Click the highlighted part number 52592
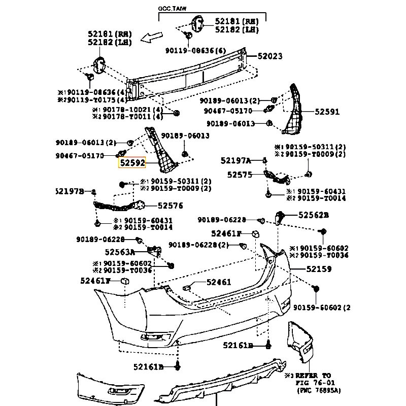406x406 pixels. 132,163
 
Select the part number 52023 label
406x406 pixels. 269,56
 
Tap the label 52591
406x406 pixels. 327,112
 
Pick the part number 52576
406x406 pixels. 171,206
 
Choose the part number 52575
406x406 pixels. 240,174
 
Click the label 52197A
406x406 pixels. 236,160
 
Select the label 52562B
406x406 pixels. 313,215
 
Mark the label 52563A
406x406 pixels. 120,252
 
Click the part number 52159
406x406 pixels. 319,269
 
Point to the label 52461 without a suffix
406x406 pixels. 219,282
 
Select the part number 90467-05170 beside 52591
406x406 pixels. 228,111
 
